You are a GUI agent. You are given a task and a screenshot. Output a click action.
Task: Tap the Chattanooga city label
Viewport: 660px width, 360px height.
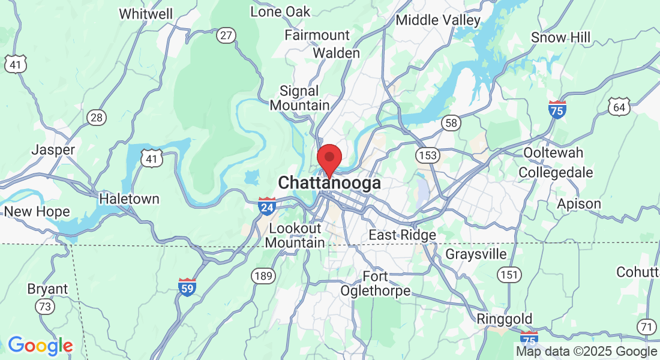[x=329, y=183]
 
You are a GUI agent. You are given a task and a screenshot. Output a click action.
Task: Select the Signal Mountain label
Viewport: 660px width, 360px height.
[x=299, y=98]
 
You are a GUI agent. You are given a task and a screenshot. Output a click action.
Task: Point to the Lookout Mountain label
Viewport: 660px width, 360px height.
[x=295, y=236]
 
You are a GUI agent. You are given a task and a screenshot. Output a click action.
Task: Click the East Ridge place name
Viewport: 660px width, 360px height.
[x=402, y=235]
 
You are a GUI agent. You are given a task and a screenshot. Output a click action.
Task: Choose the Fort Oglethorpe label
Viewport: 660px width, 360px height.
[x=376, y=284]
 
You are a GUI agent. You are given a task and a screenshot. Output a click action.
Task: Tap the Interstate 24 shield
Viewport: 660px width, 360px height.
[x=267, y=206]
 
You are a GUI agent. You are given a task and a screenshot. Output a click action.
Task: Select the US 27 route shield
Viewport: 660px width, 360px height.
[x=226, y=36]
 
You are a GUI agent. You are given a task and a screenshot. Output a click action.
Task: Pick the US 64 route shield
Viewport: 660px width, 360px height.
[x=619, y=107]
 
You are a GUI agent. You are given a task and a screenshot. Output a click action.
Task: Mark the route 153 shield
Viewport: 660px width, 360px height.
[x=428, y=156]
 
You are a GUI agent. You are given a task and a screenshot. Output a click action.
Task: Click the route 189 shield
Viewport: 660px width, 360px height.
[x=263, y=277]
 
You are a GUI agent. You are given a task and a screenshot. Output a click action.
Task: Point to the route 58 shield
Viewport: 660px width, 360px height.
[x=451, y=123]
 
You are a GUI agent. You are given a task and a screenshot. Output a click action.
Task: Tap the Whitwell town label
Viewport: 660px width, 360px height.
[x=146, y=14]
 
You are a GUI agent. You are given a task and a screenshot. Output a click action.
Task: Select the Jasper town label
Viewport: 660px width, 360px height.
[x=53, y=149]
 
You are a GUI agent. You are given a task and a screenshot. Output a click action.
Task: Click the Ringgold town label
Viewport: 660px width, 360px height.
[x=505, y=319]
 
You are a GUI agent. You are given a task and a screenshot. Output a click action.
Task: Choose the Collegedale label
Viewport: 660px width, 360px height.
[x=556, y=173]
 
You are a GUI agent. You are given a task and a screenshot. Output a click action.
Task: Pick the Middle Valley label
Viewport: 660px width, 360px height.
[x=438, y=20]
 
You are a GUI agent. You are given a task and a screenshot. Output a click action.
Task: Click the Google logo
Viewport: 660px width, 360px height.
[x=40, y=346]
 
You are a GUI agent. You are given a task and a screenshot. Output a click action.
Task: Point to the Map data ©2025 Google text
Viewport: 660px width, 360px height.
[x=587, y=352]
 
